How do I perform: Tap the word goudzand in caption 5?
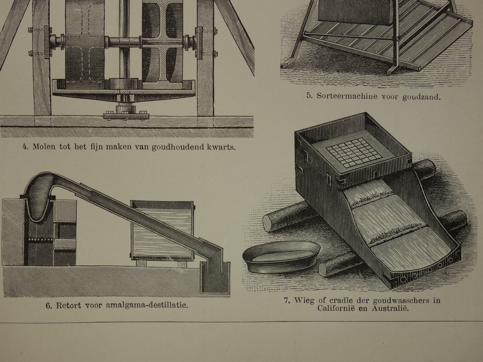coord(421,97)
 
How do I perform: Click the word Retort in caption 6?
coord(69,305)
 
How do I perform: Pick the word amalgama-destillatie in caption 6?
coord(147,305)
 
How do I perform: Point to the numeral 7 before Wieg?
coord(286,300)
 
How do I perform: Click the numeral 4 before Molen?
coord(25,147)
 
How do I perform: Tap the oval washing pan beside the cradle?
coord(281,256)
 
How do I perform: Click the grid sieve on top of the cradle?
coord(354,152)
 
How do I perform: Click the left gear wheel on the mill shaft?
coord(47,42)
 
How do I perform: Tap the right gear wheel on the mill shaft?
coord(199,43)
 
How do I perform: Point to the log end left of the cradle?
coord(268,223)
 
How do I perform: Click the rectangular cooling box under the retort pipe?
coord(162,230)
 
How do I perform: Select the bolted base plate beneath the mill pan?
coord(126,117)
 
